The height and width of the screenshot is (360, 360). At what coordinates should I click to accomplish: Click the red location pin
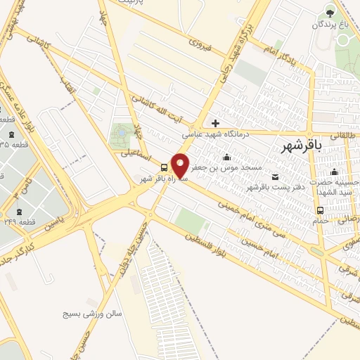point(180,165)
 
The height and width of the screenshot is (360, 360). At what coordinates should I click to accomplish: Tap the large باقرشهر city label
point(301,146)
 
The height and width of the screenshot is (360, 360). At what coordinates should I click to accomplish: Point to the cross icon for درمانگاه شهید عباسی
point(216,123)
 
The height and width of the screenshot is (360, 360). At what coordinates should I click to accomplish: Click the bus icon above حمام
point(321,210)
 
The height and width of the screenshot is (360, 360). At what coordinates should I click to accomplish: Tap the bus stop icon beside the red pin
point(164,167)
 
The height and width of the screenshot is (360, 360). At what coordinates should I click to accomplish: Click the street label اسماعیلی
point(134,153)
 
